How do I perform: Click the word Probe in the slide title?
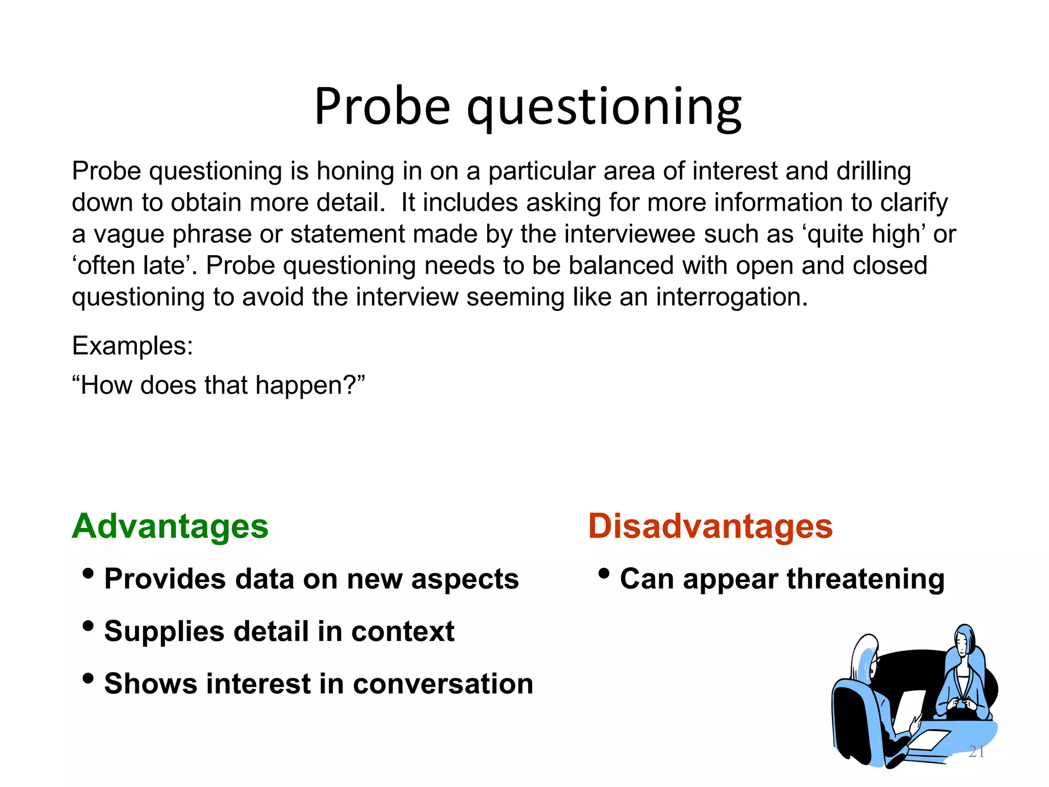point(382,107)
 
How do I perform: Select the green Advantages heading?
point(170,527)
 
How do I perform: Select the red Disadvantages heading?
point(710,527)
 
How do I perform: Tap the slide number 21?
point(976,752)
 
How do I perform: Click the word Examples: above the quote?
point(133,346)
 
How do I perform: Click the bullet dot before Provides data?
point(88,573)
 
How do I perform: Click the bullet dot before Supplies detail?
point(88,626)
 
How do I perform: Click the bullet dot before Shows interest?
point(88,678)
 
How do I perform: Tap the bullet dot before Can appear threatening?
point(604,573)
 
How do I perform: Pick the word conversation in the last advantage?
point(443,684)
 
